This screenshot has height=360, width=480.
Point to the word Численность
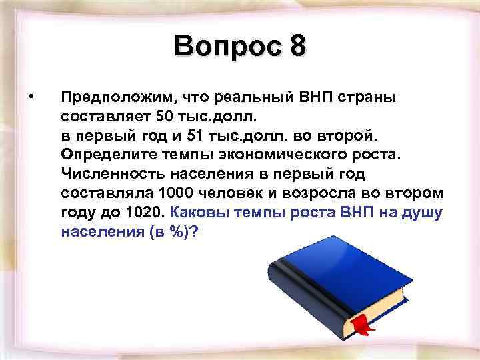pos(105,175)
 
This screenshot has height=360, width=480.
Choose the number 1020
pos(145,213)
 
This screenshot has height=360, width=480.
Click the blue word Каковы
pos(197,213)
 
